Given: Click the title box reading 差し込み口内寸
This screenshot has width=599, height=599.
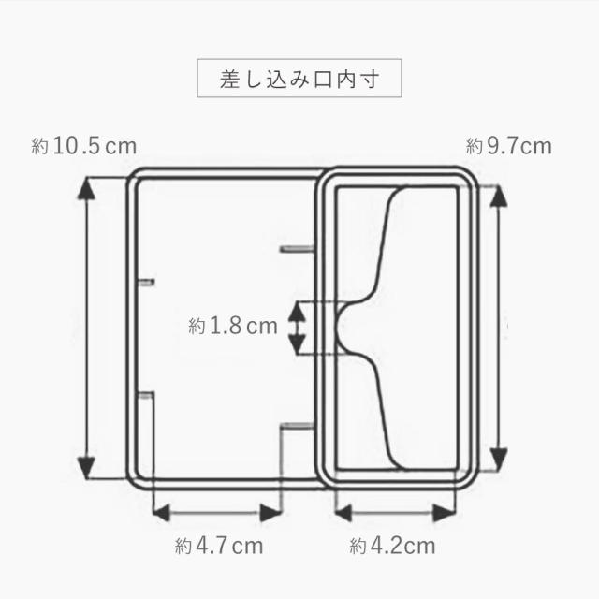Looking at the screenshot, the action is pyautogui.click(x=299, y=78).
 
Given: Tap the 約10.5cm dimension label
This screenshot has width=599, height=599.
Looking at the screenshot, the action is pyautogui.click(x=83, y=147).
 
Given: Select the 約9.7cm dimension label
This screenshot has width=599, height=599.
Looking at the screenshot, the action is pyautogui.click(x=509, y=147).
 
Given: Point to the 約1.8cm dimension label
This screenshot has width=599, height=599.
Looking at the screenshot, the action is pyautogui.click(x=233, y=327).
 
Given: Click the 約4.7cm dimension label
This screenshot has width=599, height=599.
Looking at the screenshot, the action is pyautogui.click(x=219, y=546).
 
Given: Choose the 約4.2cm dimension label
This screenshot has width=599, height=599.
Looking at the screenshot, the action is pyautogui.click(x=392, y=546).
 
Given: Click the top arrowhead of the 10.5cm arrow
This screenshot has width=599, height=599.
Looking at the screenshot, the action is pyautogui.click(x=86, y=189).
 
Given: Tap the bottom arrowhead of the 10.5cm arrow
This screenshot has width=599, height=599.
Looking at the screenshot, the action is pyautogui.click(x=86, y=468).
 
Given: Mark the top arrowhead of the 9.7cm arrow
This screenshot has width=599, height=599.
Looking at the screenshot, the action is pyautogui.click(x=499, y=197).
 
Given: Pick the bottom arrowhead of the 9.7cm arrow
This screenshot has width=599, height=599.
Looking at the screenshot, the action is pyautogui.click(x=499, y=460).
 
